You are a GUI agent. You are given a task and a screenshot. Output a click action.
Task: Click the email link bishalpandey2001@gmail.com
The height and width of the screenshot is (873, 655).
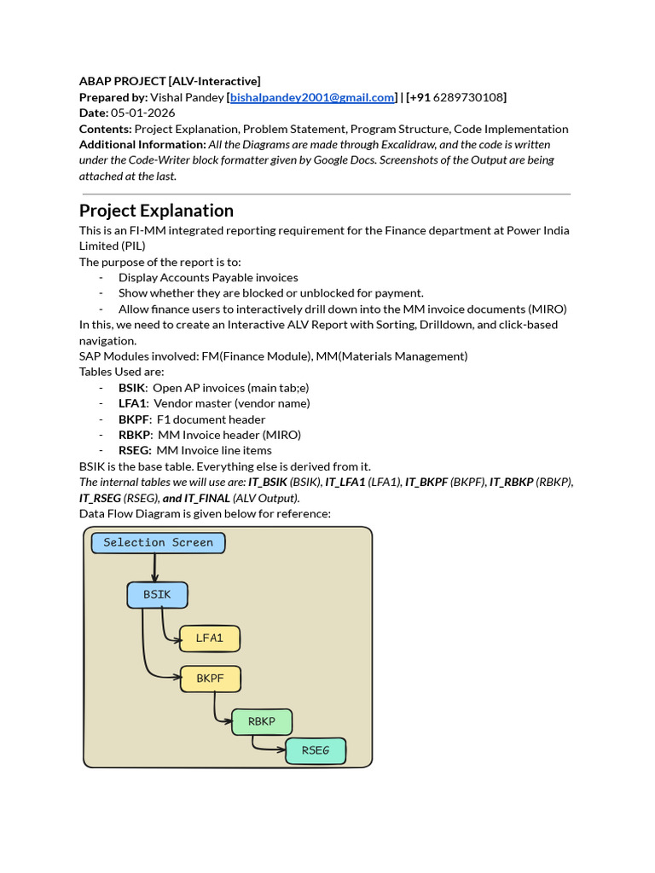tap(313, 97)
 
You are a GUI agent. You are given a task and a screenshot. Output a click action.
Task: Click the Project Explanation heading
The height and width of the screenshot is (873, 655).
tap(156, 211)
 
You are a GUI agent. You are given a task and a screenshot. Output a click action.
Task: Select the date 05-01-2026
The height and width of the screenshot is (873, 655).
tap(142, 113)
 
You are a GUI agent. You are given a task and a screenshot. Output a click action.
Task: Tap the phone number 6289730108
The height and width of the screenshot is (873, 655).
tap(468, 97)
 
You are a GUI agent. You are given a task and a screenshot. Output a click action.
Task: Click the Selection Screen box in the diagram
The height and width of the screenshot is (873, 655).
tap(158, 543)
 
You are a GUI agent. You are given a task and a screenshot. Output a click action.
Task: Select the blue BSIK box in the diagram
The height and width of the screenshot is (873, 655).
tap(157, 595)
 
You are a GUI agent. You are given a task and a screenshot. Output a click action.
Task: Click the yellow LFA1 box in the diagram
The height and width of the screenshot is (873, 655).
tap(209, 639)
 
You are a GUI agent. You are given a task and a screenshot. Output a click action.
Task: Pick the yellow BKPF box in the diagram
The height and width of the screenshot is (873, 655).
tap(210, 679)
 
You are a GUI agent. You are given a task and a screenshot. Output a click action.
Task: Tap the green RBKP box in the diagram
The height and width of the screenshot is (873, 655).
tap(261, 722)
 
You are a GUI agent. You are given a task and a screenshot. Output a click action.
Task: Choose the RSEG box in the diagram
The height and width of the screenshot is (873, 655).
tap(315, 751)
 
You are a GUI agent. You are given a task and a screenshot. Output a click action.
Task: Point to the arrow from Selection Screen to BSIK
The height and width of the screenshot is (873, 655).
tap(155, 567)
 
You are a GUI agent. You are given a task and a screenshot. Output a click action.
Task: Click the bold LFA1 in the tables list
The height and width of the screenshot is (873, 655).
tap(133, 403)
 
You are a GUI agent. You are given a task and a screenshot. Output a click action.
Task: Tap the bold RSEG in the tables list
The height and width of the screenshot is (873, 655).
tap(135, 450)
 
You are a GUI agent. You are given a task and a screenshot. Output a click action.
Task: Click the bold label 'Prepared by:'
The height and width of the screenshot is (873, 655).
tap(113, 97)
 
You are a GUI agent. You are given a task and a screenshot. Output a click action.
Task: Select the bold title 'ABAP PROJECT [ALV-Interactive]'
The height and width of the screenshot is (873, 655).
tap(170, 81)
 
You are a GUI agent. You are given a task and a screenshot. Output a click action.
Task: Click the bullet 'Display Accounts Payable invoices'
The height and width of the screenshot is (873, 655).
tap(208, 277)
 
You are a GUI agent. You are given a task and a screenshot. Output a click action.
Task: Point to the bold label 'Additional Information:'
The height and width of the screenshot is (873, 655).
tap(142, 144)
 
